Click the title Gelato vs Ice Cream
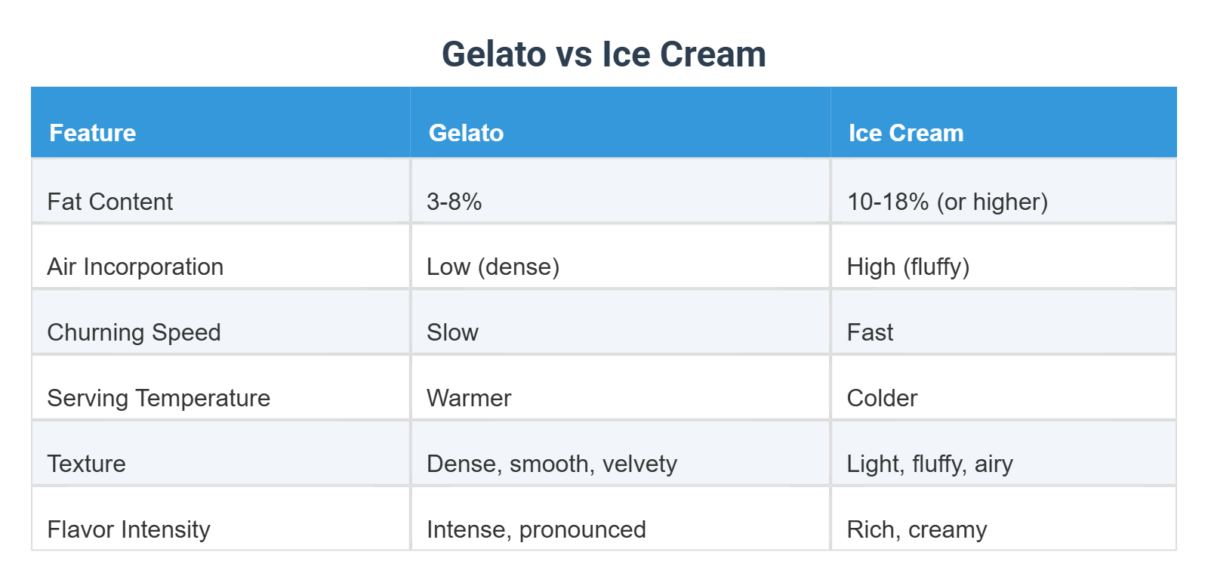click(x=603, y=54)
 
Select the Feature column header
click(x=93, y=133)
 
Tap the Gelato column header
click(x=466, y=133)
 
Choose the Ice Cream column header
click(x=905, y=133)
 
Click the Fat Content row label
click(x=110, y=202)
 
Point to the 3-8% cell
click(x=454, y=202)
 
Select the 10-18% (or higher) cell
click(x=947, y=202)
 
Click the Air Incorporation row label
click(x=135, y=267)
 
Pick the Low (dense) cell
click(x=493, y=267)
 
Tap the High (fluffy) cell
click(x=908, y=267)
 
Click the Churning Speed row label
click(x=134, y=332)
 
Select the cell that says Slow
click(x=452, y=332)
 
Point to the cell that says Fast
click(x=870, y=332)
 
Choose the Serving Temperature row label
click(x=159, y=398)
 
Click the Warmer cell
click(x=469, y=398)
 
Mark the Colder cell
click(x=882, y=398)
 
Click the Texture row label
click(x=86, y=464)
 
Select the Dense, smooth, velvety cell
click(x=552, y=464)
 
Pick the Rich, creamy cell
click(x=917, y=529)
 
